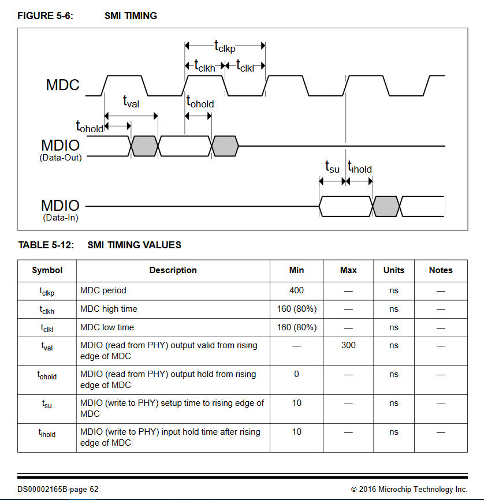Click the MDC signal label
coord(62,85)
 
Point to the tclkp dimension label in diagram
coord(225,46)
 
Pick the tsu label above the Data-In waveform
coord(332,167)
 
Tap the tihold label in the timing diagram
coord(360,167)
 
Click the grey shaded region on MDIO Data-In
coord(386,206)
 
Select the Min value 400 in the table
coord(296,290)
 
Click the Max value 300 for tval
coord(348,345)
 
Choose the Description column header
coord(173,270)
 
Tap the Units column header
coord(393,270)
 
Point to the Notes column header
coord(441,270)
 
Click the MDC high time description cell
coord(109,309)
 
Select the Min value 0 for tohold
coord(296,374)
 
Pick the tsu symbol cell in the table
coord(47,404)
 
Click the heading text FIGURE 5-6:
coord(45,16)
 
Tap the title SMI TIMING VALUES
coord(134,245)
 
